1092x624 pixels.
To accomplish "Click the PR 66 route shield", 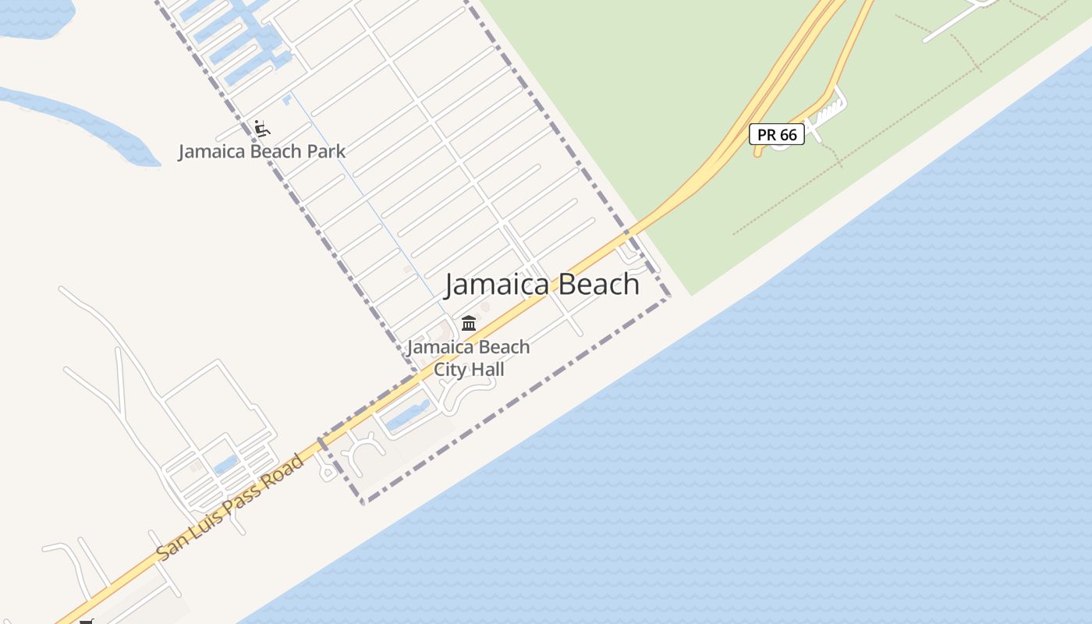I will [x=777, y=134].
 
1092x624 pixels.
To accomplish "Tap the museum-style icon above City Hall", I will [x=469, y=323].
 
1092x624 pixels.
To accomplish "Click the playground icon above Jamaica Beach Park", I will [x=262, y=129].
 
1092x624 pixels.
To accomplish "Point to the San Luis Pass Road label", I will [x=230, y=507].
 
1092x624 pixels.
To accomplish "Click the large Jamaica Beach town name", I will [x=542, y=285].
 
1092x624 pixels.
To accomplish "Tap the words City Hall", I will [x=469, y=369].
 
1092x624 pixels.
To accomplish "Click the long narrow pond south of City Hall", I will [x=408, y=415].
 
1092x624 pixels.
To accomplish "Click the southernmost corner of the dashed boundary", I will [x=363, y=502].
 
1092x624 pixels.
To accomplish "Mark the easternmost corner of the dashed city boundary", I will [x=669, y=297].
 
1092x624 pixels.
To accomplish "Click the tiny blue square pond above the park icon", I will [x=287, y=99].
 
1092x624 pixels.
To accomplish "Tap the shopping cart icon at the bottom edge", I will [x=87, y=621].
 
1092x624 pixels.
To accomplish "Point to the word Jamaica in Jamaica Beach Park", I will [x=206, y=151].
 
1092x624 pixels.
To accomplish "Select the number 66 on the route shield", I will [x=788, y=134].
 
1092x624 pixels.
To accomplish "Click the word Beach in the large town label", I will [x=597, y=285].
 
